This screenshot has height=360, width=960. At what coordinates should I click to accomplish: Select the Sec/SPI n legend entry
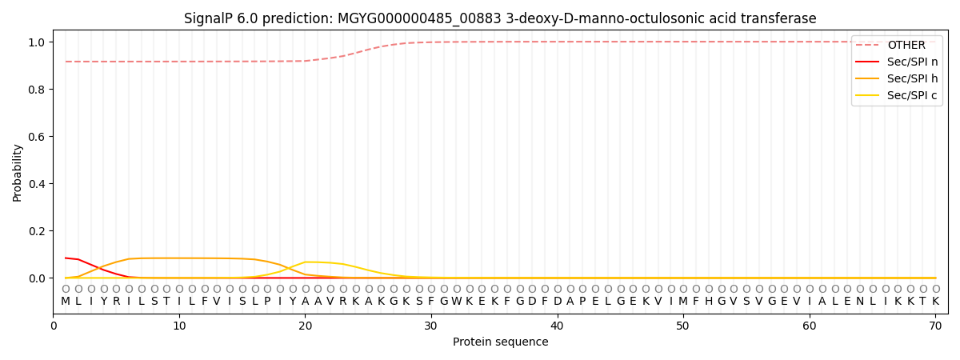coord(897,62)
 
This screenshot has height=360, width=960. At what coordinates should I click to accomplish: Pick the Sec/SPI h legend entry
coord(897,78)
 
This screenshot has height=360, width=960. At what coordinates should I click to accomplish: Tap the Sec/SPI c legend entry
coord(896,95)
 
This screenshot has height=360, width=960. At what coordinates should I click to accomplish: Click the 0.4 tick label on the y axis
coord(38,184)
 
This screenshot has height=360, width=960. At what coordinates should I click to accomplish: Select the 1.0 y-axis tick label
coord(38,42)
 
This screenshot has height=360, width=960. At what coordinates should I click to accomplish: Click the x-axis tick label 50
coord(683,326)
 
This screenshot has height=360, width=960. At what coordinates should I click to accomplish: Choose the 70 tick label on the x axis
coord(935,326)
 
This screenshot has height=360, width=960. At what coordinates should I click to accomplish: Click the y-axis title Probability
coord(17,173)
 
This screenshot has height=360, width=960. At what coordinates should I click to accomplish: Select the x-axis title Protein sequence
coord(501,342)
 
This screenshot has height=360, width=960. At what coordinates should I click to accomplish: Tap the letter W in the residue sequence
coord(457,302)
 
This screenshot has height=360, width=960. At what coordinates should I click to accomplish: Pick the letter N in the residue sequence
coord(860,302)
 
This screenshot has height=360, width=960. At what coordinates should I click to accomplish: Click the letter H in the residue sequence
coord(709,302)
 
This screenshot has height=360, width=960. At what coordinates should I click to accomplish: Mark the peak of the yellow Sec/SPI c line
coord(305,262)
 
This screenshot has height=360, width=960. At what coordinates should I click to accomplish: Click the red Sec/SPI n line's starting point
coord(66,258)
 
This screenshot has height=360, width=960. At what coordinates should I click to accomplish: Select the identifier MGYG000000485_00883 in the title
coord(419,19)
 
